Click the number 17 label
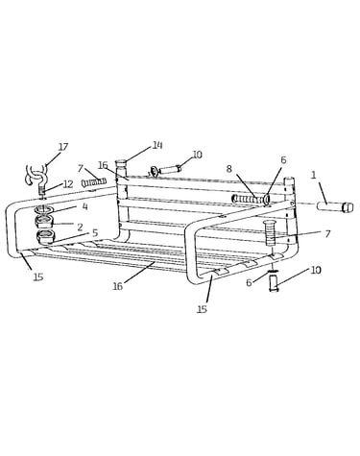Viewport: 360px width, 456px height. tap(63, 147)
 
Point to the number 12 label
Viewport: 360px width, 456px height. tap(68, 184)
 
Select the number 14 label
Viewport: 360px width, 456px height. tap(157, 145)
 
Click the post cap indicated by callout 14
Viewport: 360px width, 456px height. tap(121, 164)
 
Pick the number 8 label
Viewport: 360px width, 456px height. tap(229, 169)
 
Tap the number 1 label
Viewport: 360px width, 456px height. tap(314, 175)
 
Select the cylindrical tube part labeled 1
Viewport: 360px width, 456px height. tap(335, 206)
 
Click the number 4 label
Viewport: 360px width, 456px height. tap(84, 206)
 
